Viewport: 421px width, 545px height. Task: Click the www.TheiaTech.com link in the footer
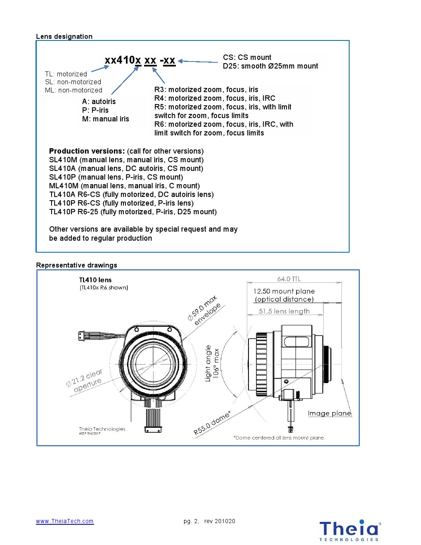pos(65,521)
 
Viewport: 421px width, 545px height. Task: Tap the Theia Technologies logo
pos(349,530)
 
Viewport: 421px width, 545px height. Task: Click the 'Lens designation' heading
pos(64,36)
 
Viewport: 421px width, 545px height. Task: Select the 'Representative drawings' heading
pos(76,265)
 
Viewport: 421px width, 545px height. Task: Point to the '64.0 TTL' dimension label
pos(289,279)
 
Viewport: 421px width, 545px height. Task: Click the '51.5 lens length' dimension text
pos(284,311)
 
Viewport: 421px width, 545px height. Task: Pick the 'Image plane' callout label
pos(329,413)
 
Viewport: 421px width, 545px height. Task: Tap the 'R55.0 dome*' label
pos(212,423)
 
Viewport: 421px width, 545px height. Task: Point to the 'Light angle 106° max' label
pos(212,363)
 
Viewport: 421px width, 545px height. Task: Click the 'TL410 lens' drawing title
pos(95,280)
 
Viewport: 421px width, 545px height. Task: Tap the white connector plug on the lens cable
pos(81,336)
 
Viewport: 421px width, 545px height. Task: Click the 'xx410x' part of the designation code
pos(123,60)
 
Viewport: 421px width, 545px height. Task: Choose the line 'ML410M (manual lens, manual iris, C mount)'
pos(124,186)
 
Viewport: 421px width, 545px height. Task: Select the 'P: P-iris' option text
pos(95,110)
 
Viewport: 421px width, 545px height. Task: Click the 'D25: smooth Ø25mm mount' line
pos(270,66)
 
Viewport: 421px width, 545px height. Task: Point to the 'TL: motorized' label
pos(66,74)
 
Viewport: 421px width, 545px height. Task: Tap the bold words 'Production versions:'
pos(87,151)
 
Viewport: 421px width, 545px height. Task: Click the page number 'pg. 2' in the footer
pos(191,521)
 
